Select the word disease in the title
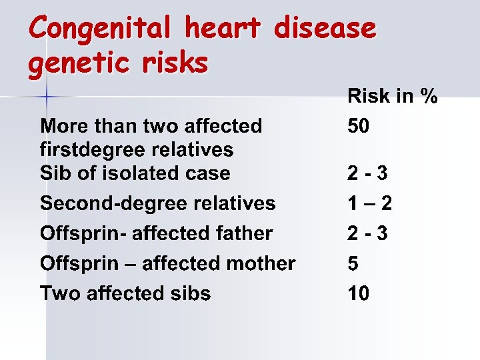click(x=326, y=29)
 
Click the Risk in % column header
click(x=392, y=96)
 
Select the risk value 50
click(x=358, y=126)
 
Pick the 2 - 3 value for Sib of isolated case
click(x=368, y=173)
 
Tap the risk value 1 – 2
click(x=369, y=203)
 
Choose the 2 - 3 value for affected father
click(x=368, y=233)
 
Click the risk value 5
click(x=353, y=263)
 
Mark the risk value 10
click(x=358, y=293)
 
